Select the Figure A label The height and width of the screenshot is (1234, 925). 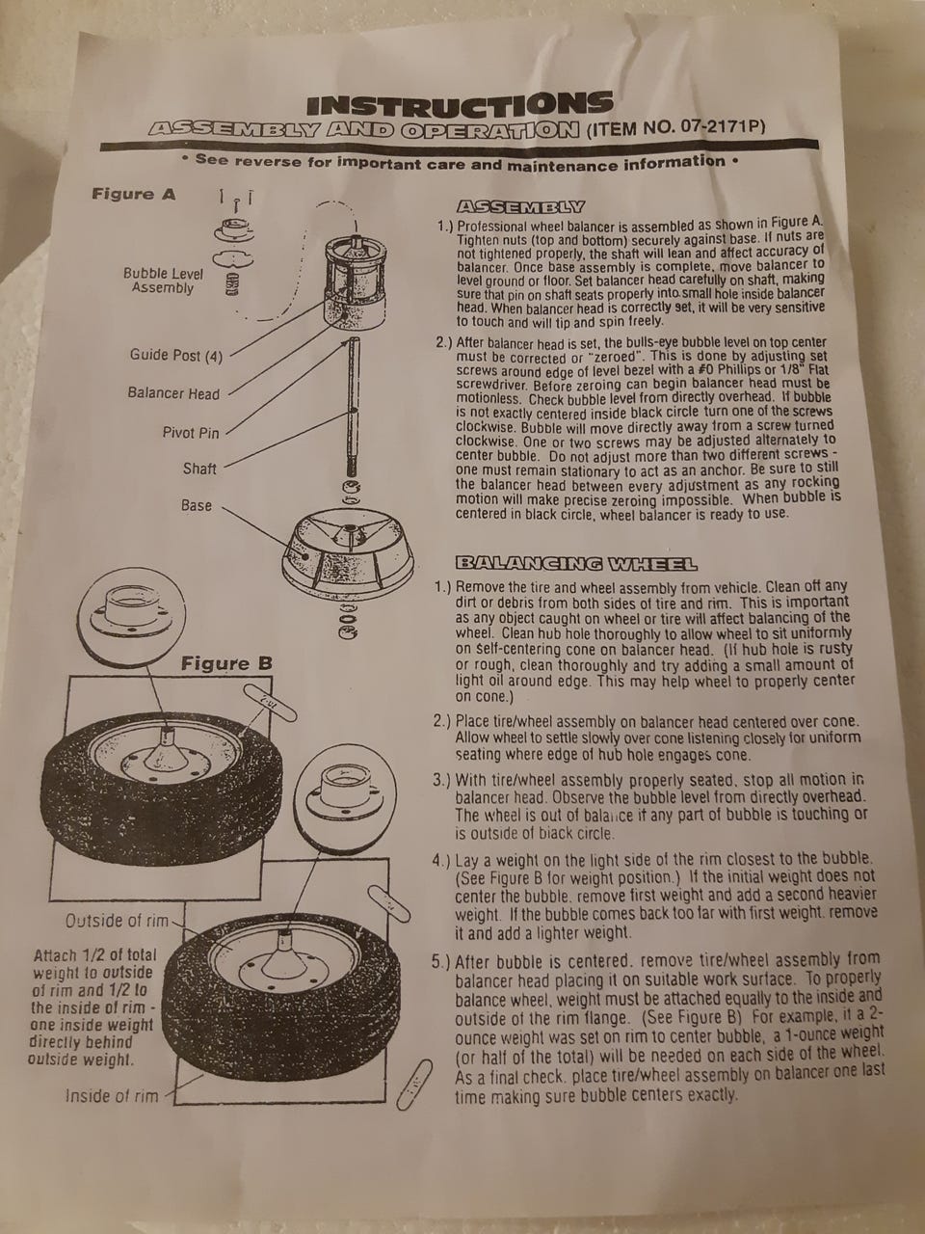point(134,195)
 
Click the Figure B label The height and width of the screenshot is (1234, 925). point(226,664)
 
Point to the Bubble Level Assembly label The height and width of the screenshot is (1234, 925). point(163,281)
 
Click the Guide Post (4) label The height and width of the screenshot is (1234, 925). point(175,356)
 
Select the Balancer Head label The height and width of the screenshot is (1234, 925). point(173,393)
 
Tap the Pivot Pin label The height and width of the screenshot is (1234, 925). point(191,432)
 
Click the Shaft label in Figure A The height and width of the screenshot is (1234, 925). point(199,469)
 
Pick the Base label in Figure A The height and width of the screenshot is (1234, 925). point(196,505)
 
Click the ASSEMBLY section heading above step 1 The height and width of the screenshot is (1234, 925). point(521,207)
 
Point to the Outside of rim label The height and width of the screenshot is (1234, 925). point(117,921)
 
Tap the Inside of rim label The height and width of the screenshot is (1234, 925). point(112,1095)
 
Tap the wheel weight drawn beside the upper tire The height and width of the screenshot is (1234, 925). point(271,702)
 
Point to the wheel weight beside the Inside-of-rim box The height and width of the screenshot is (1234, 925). point(414,1085)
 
